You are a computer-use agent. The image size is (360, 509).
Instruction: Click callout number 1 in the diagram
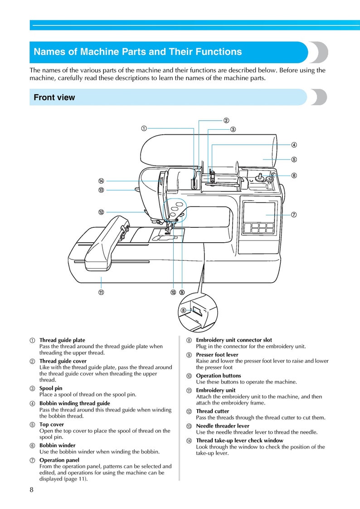(x=144, y=128)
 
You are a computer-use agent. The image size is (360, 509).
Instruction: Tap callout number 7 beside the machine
(x=294, y=215)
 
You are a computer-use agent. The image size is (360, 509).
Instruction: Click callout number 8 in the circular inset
(x=184, y=310)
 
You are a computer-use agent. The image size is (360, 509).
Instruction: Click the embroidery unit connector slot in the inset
(x=198, y=311)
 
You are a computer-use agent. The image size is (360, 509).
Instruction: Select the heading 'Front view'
(x=54, y=98)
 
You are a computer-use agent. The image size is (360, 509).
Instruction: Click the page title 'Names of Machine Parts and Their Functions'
(x=138, y=52)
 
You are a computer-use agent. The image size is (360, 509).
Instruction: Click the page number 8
(x=31, y=489)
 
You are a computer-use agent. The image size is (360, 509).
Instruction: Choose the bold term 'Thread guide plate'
(x=62, y=340)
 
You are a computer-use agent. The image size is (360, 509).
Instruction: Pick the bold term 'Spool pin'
(x=51, y=388)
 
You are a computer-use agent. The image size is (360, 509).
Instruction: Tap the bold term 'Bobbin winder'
(x=57, y=445)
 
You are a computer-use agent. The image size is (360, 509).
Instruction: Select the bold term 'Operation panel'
(x=59, y=460)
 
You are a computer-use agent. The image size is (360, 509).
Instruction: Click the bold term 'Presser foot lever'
(x=217, y=355)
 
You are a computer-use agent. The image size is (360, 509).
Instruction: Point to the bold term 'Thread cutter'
(x=212, y=411)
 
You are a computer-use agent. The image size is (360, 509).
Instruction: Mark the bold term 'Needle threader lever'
(x=222, y=426)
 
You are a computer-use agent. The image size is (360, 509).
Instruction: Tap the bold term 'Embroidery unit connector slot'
(x=234, y=340)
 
